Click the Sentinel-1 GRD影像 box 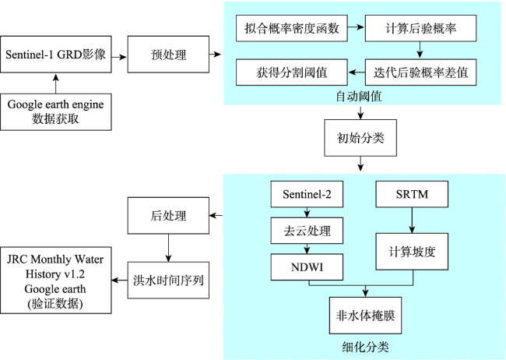56,55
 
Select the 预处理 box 168,55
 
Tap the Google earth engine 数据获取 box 56,111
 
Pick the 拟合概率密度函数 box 292,28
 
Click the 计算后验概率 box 420,28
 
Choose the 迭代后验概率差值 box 420,72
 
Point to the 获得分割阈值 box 292,72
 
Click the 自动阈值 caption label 359,97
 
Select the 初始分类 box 360,138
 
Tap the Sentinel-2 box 307,194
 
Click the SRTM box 412,194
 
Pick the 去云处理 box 307,231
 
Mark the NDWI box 307,267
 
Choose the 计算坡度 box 412,252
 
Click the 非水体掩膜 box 365,316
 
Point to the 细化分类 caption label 365,347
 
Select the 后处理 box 168,216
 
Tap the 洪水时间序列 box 168,281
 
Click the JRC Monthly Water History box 56,281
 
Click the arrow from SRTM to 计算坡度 412,220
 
